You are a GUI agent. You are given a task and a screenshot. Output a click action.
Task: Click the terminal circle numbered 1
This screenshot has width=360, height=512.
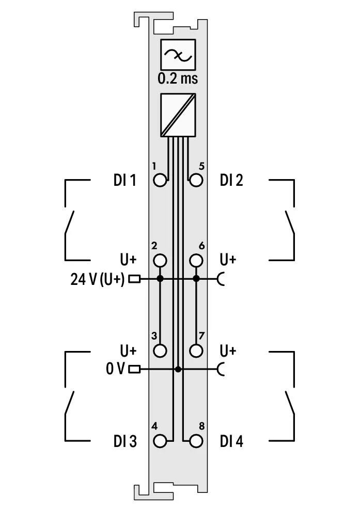pos(160,180)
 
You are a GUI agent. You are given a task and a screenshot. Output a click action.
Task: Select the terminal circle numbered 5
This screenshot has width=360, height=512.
pos(196,180)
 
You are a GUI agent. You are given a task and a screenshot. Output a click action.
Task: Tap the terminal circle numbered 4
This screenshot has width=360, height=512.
pos(160,441)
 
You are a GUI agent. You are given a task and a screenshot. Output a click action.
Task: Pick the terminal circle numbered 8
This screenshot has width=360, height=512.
pos(196,441)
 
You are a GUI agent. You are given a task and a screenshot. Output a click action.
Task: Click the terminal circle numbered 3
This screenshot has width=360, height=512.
pos(160,351)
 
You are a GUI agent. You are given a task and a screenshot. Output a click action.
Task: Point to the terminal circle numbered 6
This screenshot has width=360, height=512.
pos(196,261)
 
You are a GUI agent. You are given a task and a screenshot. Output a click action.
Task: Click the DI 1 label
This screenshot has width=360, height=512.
pos(125,180)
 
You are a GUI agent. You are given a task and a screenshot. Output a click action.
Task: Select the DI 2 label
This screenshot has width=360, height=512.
pos(231,180)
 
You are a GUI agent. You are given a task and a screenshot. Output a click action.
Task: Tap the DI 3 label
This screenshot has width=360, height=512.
pos(125,441)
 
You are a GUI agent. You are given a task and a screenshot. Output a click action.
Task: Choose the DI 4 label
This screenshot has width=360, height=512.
pos(231,441)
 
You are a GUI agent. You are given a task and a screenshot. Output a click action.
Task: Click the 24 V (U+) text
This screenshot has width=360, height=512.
pos(98,279)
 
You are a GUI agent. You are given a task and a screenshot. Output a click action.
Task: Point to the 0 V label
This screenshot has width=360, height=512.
pos(115,369)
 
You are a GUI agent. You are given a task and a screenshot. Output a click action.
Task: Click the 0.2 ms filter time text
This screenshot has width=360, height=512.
pos(178,78)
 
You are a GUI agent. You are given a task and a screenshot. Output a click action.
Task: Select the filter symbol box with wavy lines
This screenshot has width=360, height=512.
pos(178,55)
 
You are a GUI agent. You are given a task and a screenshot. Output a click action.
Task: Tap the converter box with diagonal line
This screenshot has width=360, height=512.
pos(178,115)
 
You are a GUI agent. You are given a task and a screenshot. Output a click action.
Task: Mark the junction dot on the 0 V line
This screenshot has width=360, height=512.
pos(178,370)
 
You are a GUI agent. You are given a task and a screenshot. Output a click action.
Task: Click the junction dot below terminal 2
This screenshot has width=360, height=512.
pos(160,279)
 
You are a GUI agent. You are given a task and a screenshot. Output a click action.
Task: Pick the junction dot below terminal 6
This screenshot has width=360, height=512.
pos(196,279)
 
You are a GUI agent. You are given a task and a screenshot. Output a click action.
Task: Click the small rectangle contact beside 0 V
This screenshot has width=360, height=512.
pos(134,370)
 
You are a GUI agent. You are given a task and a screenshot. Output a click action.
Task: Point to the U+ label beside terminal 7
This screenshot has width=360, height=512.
pos(228,350)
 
